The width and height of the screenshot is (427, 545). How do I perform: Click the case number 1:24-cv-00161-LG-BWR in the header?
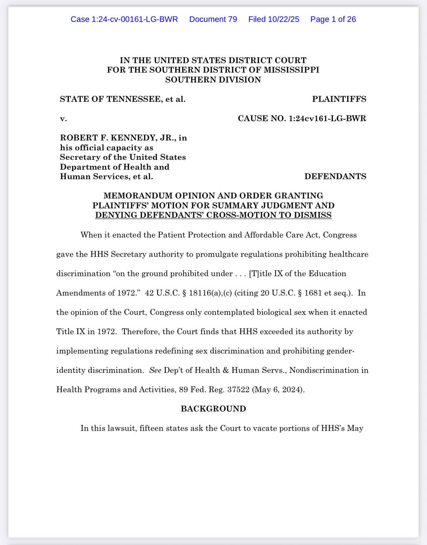pos(124,20)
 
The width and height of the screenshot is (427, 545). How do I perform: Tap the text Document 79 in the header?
pos(213,20)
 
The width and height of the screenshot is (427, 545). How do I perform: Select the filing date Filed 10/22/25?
pos(274,20)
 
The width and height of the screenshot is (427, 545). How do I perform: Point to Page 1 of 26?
pos(333,20)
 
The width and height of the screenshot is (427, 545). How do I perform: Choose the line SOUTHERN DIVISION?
pos(213,79)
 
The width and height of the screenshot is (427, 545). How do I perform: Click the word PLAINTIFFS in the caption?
pos(339,99)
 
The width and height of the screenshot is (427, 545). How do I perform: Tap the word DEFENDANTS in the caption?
pos(335,176)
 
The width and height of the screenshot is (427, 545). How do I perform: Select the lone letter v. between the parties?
pos(63,119)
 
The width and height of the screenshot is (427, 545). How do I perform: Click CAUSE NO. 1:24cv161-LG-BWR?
pos(302,119)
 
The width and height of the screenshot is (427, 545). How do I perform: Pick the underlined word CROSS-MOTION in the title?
pos(240,215)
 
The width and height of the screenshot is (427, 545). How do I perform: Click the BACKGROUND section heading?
pos(213,409)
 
